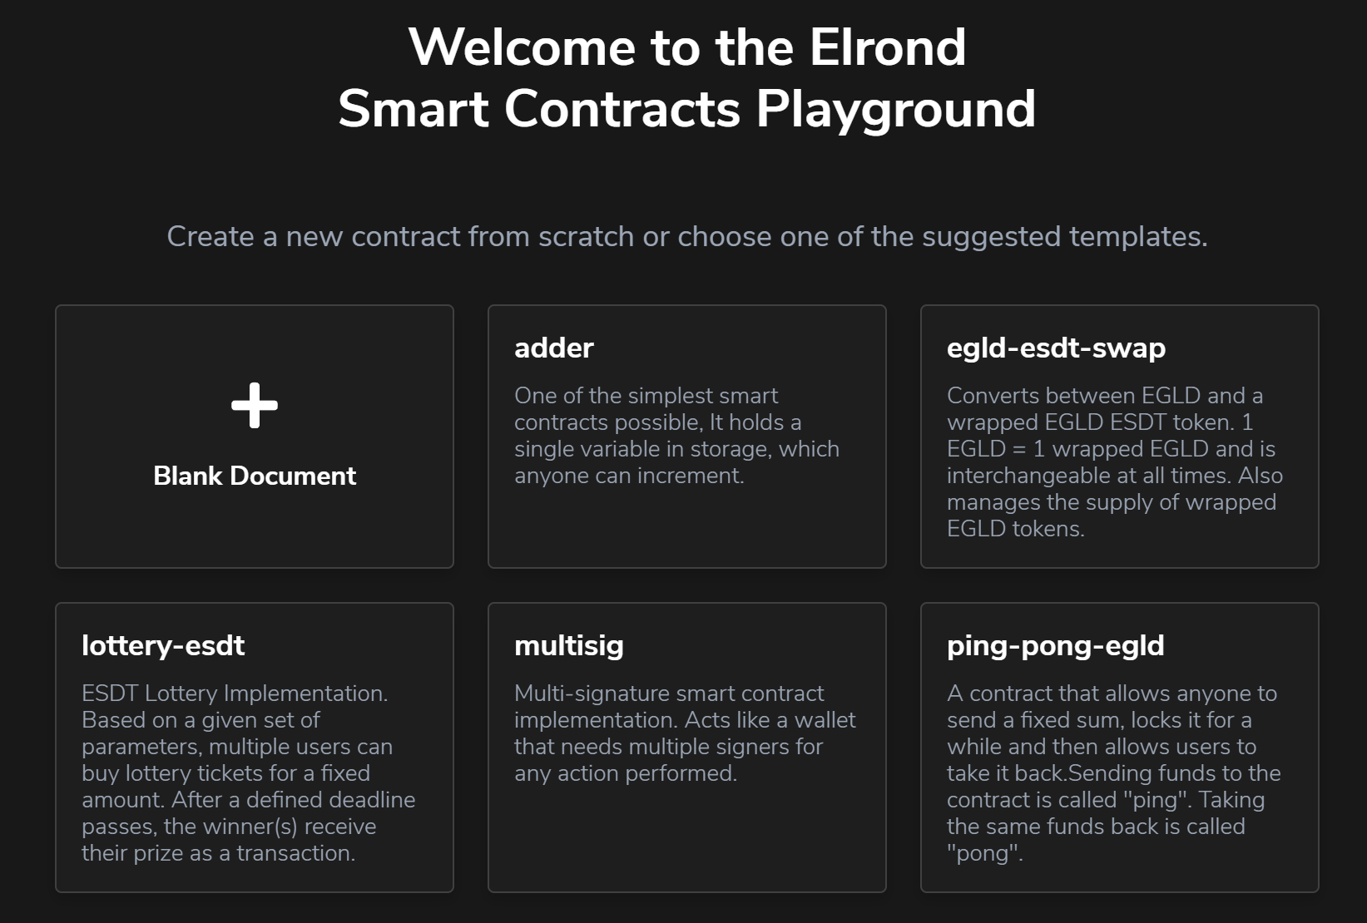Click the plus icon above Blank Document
255,405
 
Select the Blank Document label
255,476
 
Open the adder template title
554,348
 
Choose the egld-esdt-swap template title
1057,349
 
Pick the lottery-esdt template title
164,647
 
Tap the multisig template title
569,647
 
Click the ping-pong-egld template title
1056,647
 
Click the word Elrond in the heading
888,47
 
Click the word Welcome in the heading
523,47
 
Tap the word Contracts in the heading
622,110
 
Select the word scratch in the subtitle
586,236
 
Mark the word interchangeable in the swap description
1028,476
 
